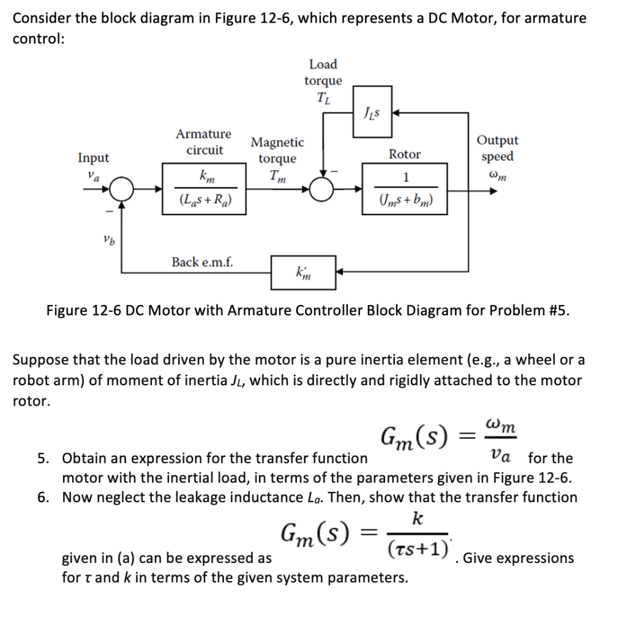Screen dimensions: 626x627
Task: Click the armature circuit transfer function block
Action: click(205, 189)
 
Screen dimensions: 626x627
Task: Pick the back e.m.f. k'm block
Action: click(303, 271)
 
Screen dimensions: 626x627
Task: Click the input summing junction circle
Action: click(123, 189)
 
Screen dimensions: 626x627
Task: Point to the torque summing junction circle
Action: click(322, 189)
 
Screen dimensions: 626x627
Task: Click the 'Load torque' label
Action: click(323, 80)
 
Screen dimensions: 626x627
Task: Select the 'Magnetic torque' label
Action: click(277, 150)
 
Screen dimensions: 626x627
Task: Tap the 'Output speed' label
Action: click(497, 148)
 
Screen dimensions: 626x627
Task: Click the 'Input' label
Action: click(93, 157)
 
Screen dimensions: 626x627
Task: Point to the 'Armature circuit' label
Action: click(204, 141)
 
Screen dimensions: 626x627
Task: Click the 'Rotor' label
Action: click(405, 154)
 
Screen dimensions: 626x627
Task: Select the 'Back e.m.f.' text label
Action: click(201, 262)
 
